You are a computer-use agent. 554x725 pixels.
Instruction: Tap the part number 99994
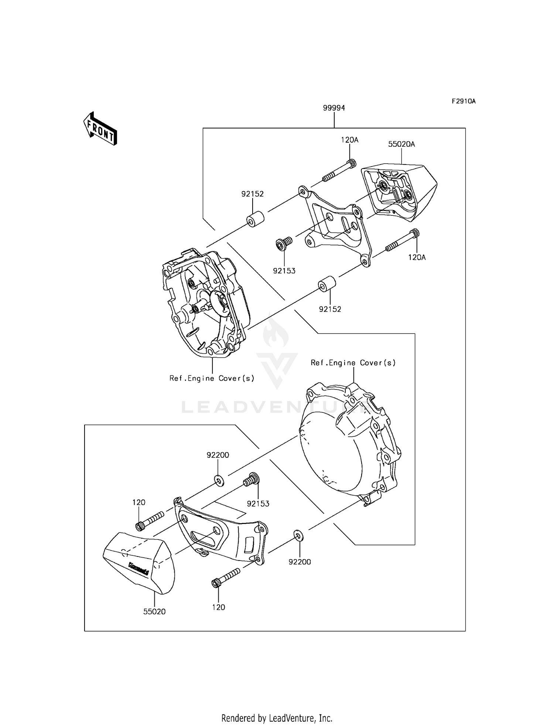[334, 108]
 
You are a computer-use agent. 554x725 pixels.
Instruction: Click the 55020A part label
[401, 144]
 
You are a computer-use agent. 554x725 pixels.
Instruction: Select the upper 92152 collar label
[253, 194]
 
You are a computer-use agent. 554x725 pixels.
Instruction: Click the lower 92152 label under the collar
[330, 309]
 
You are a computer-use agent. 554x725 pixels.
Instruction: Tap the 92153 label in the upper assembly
[284, 270]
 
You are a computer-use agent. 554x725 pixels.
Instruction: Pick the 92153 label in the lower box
[258, 503]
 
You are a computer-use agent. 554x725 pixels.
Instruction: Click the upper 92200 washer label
[218, 455]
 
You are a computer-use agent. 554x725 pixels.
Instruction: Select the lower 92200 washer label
[300, 562]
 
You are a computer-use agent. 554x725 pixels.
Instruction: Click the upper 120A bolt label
[350, 140]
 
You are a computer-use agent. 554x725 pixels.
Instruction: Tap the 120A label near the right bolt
[417, 257]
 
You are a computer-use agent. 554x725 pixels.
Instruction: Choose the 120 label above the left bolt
[139, 502]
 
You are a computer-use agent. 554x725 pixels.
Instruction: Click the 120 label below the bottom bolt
[219, 607]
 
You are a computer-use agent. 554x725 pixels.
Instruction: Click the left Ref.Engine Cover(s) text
[212, 378]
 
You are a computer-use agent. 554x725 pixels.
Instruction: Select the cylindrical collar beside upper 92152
[255, 218]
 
